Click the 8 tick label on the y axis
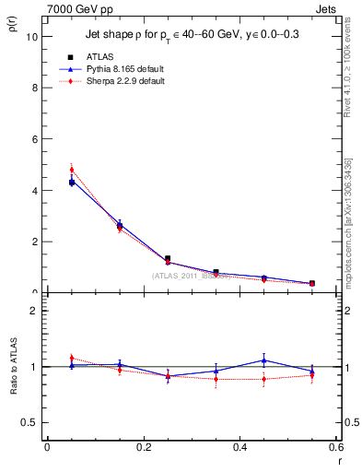tap(34, 88)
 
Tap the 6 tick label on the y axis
tap(34, 139)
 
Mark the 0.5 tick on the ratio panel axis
tap(29, 422)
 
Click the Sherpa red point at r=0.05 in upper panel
tap(71, 170)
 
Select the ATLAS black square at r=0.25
tap(168, 259)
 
